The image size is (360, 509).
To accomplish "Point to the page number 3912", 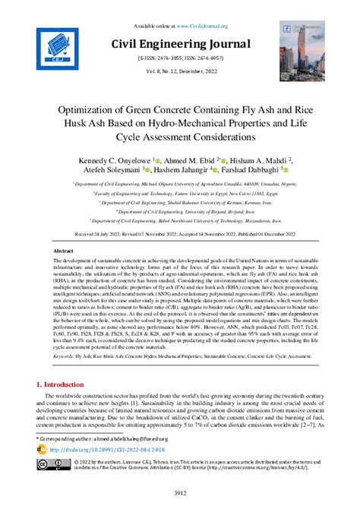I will pyautogui.click(x=180, y=494).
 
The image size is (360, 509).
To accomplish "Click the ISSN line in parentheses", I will pyautogui.click(x=180, y=58).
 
